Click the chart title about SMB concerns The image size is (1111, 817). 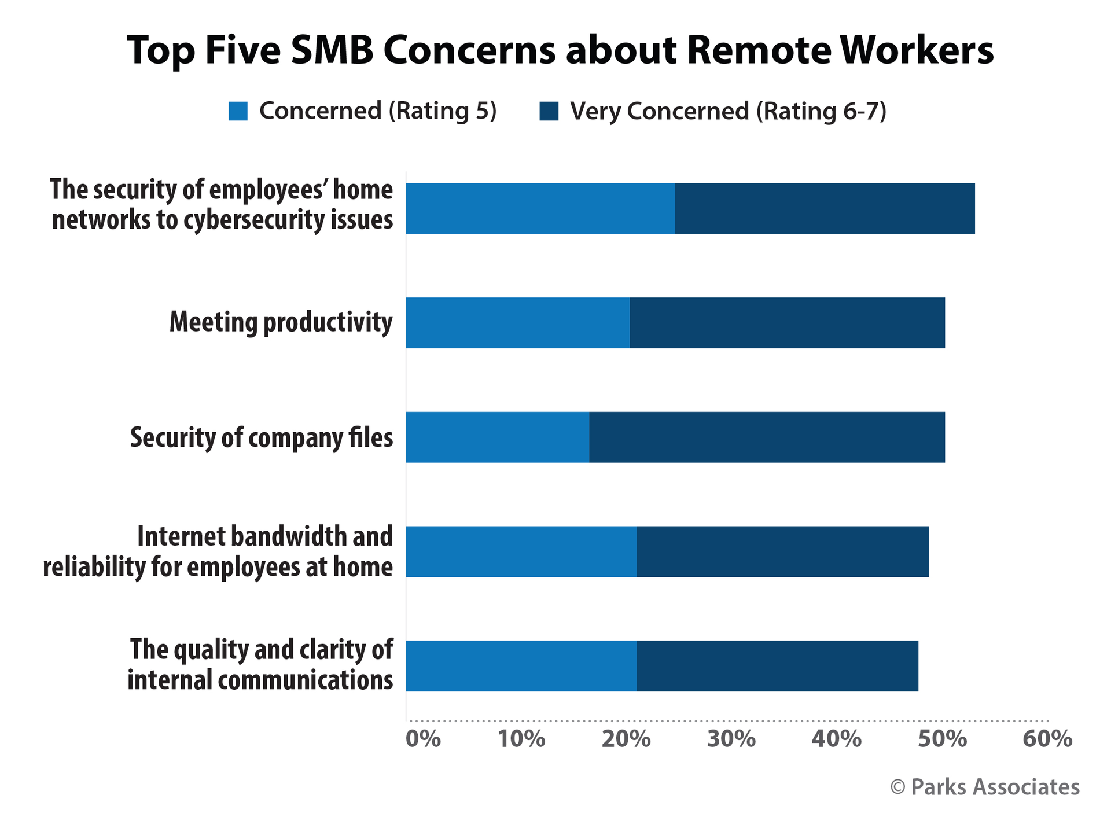(x=560, y=50)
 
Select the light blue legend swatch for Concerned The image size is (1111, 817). (x=238, y=111)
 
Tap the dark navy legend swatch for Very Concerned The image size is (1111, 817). (x=549, y=111)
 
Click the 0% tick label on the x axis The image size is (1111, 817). (x=423, y=739)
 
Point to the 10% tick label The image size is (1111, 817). (x=521, y=739)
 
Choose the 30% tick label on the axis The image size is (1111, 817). (x=731, y=739)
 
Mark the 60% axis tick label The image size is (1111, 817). (x=1047, y=739)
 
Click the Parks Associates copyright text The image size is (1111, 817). (x=984, y=787)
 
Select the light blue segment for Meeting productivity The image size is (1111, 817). (x=517, y=323)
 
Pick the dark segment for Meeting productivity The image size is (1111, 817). (x=787, y=323)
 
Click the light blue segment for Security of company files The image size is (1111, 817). (x=497, y=437)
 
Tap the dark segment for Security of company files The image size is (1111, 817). (x=767, y=437)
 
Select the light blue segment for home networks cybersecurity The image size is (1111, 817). (x=540, y=209)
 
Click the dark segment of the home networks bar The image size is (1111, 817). (x=825, y=209)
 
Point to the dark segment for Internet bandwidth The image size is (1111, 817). (x=782, y=551)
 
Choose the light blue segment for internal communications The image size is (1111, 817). (x=521, y=666)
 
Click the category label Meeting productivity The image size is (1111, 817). (x=281, y=322)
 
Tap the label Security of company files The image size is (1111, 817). (x=262, y=437)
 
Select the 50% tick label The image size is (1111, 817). (x=942, y=739)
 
